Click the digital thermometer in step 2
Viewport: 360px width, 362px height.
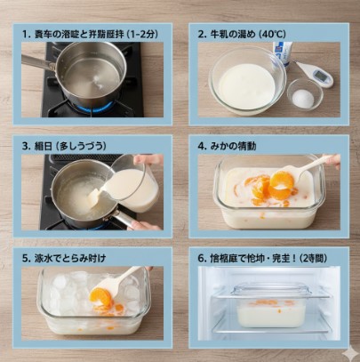tap(316, 75)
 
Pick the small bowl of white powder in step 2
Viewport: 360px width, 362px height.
tap(304, 94)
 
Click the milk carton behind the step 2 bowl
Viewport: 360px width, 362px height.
tap(282, 56)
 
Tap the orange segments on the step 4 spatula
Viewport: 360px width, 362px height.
tap(281, 182)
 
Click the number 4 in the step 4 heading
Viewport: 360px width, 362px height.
tap(202, 144)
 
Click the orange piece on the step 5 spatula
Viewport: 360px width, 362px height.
tap(102, 297)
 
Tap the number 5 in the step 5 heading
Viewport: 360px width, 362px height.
tap(25, 255)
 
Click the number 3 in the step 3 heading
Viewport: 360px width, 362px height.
tap(25, 144)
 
